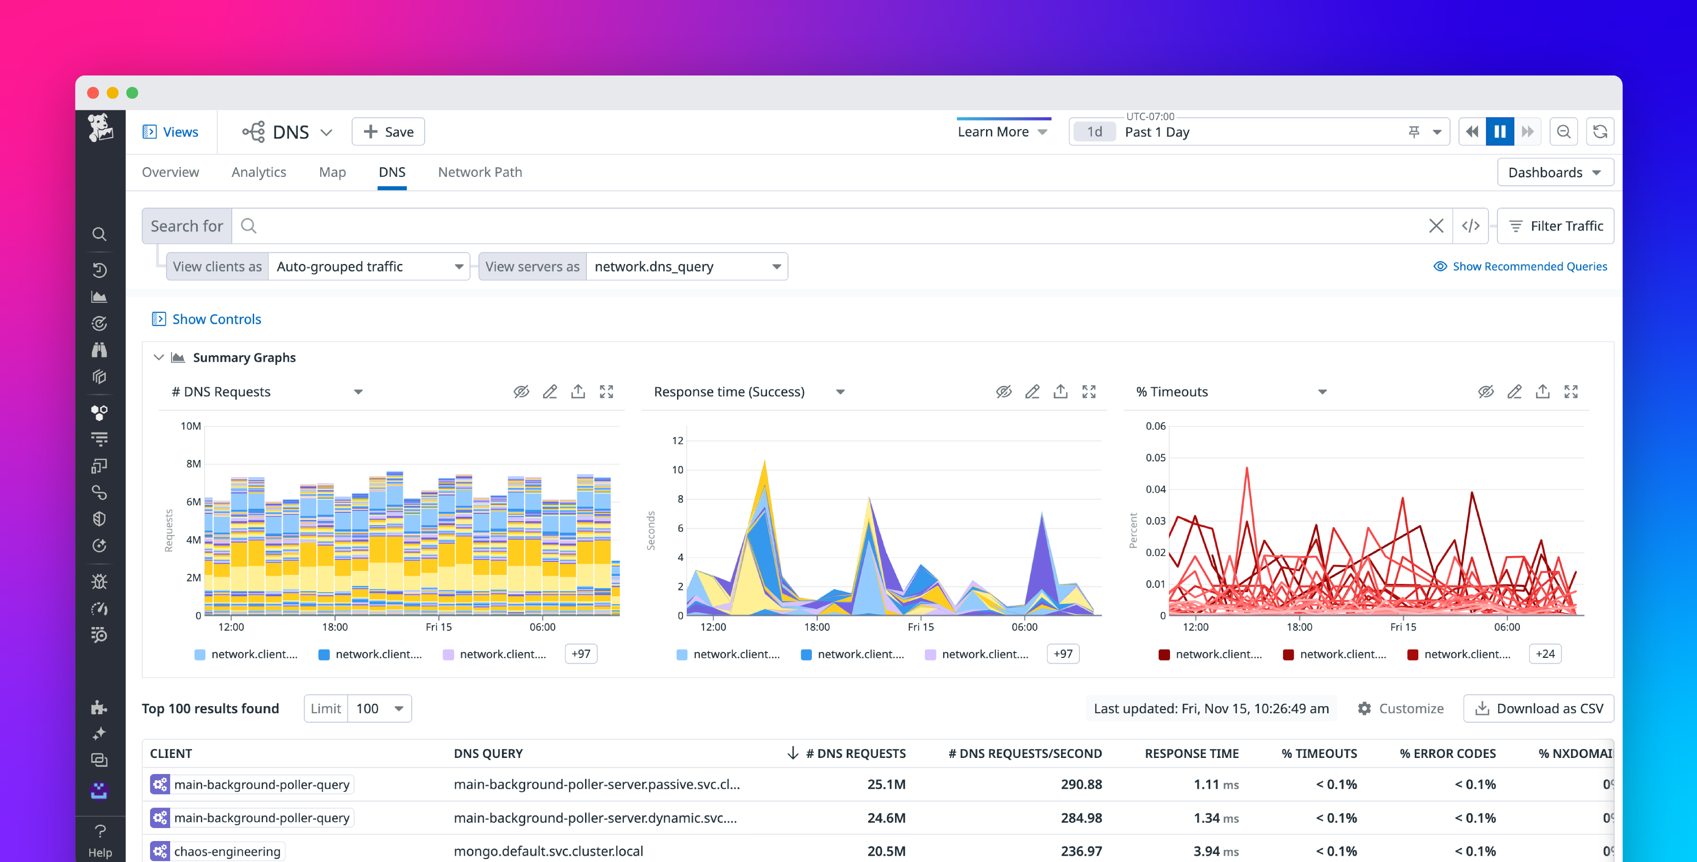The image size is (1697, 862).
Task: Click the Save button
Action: pyautogui.click(x=388, y=132)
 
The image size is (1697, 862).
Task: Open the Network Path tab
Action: pyautogui.click(x=480, y=172)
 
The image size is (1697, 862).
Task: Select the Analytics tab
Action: pyautogui.click(x=259, y=172)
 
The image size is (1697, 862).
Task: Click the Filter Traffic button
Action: pyautogui.click(x=1555, y=226)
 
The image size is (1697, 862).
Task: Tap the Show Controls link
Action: pyautogui.click(x=216, y=319)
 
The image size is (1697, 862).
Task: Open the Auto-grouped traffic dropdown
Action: pyautogui.click(x=369, y=266)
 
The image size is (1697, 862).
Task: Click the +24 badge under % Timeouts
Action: pyautogui.click(x=1545, y=654)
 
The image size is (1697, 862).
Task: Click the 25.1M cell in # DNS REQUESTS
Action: pyautogui.click(x=886, y=784)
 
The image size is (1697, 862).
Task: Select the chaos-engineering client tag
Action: pyautogui.click(x=226, y=851)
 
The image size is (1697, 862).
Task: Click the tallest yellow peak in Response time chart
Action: pyautogui.click(x=764, y=464)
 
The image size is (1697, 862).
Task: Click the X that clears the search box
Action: pyautogui.click(x=1436, y=226)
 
